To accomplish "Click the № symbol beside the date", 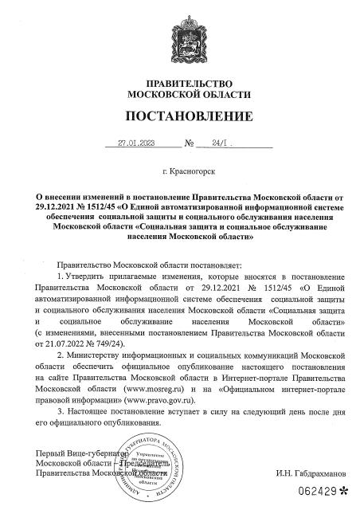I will coord(190,145).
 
